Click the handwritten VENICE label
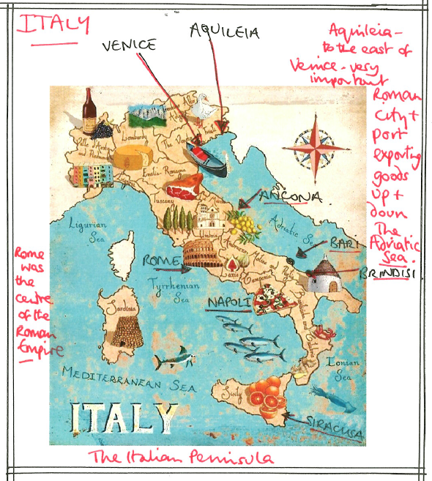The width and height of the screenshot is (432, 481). (x=129, y=45)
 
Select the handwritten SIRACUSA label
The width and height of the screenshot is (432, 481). (x=335, y=428)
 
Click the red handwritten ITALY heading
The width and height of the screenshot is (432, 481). (x=52, y=24)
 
